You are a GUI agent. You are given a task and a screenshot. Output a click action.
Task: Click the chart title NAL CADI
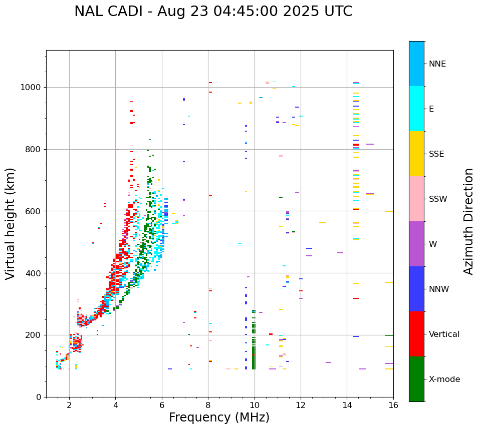(213, 12)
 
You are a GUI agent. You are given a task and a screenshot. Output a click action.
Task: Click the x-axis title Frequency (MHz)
(219, 417)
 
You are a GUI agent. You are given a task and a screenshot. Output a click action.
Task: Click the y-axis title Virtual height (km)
(11, 223)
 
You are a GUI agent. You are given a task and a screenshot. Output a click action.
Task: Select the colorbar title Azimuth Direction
(468, 221)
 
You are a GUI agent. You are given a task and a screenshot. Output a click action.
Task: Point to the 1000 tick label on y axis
(31, 88)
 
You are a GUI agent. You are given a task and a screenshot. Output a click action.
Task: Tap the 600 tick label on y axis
(34, 211)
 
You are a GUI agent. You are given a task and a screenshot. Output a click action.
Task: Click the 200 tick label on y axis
(34, 335)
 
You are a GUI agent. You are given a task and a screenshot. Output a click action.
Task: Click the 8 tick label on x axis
(208, 405)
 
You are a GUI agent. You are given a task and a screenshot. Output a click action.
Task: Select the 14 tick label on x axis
(347, 405)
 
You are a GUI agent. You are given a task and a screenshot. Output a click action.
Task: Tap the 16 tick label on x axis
(393, 405)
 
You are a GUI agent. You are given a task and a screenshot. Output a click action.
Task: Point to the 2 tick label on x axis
(69, 405)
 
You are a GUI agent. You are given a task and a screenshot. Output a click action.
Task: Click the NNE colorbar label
(437, 64)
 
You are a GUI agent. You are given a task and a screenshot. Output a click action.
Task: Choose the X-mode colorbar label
(444, 379)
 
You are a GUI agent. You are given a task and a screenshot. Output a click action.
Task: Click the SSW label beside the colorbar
(438, 199)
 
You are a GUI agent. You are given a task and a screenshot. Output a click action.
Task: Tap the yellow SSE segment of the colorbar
(416, 154)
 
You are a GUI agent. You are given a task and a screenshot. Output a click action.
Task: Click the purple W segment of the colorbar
(416, 244)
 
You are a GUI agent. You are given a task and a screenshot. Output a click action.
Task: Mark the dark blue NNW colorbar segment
(416, 289)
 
